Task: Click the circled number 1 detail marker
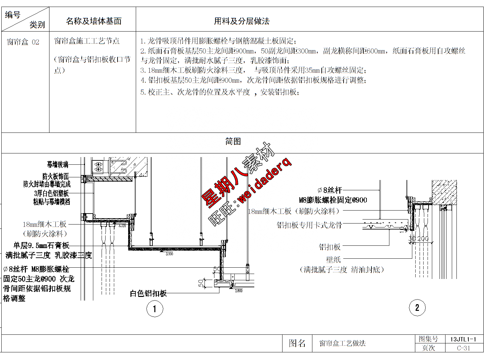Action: click(x=154, y=309)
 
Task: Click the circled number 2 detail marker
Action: click(x=417, y=308)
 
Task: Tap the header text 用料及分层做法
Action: click(x=242, y=21)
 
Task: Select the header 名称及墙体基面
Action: click(x=94, y=21)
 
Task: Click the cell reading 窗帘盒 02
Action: click(x=23, y=42)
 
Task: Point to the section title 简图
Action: click(x=233, y=141)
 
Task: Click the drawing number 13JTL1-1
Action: click(x=463, y=339)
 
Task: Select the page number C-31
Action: click(x=463, y=348)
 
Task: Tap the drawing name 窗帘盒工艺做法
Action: click(x=342, y=343)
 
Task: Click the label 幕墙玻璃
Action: click(x=57, y=164)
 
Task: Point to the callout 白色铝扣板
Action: click(x=148, y=293)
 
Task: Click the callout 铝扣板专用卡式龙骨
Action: click(x=309, y=225)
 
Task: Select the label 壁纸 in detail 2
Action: click(x=333, y=259)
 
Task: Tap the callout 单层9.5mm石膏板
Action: click(x=41, y=245)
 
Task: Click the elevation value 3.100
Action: click(x=169, y=254)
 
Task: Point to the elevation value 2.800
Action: click(x=238, y=291)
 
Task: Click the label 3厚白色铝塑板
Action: click(x=51, y=193)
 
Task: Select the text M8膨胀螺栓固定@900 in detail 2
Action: click(x=333, y=200)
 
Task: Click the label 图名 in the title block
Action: click(x=297, y=343)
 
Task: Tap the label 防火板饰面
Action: click(x=55, y=176)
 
